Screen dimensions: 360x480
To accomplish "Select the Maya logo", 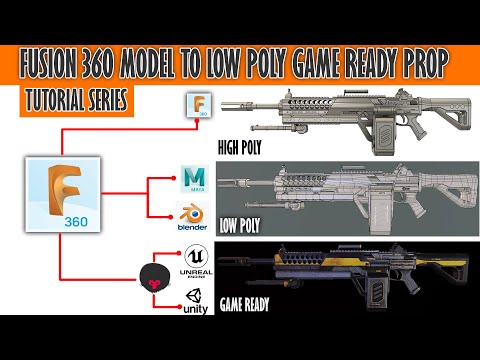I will coord(194,178).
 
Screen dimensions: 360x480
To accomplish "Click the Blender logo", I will coord(192,215).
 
